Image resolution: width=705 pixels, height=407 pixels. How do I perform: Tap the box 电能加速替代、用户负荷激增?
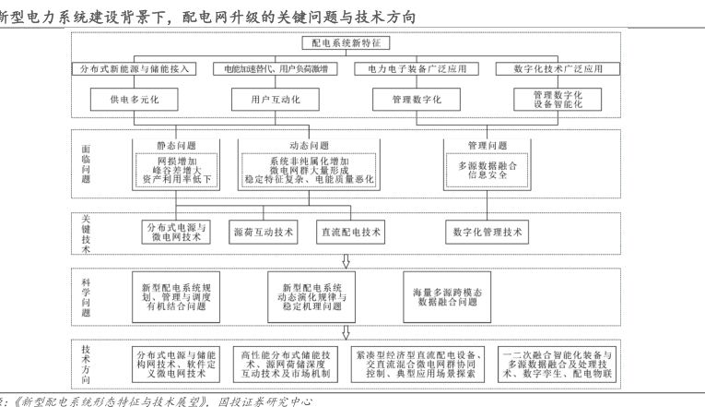tap(275, 69)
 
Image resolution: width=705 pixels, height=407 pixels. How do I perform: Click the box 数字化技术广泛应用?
tap(551, 69)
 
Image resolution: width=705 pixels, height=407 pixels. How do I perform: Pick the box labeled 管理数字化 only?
tap(414, 98)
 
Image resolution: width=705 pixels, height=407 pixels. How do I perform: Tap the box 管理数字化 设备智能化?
tap(551, 98)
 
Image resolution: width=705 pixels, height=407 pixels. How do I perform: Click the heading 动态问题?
tap(309, 145)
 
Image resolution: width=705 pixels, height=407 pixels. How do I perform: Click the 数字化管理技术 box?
tap(487, 232)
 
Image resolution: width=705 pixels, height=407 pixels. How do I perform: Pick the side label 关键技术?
tap(86, 233)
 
